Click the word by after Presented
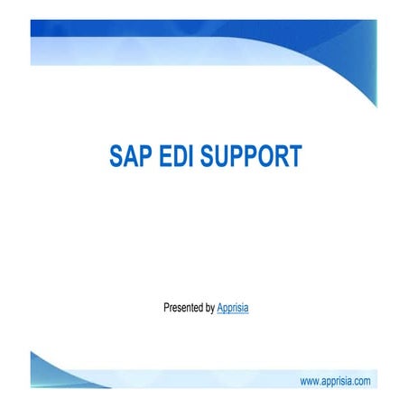pos(210,309)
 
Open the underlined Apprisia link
pos(233,308)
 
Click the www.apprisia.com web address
pos(334,382)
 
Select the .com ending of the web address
pos(360,382)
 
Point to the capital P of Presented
pos(166,308)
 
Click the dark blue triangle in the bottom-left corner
pos(45,370)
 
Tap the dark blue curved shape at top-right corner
pos(361,54)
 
